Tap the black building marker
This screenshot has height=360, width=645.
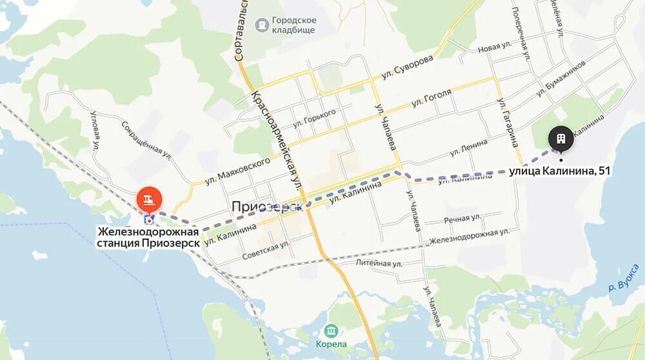tap(561, 139)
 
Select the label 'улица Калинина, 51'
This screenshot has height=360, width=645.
tap(559, 171)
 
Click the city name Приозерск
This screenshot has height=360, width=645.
tap(267, 206)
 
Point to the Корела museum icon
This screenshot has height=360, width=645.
tap(332, 331)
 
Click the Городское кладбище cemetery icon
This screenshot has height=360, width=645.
tap(263, 25)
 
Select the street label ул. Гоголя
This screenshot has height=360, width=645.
tap(432, 99)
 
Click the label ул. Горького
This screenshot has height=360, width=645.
tap(314, 117)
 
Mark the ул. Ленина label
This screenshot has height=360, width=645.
tap(466, 147)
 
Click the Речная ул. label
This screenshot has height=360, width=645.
tap(462, 219)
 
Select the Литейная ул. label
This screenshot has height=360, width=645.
tap(379, 263)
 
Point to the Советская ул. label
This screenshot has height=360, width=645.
tap(265, 251)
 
